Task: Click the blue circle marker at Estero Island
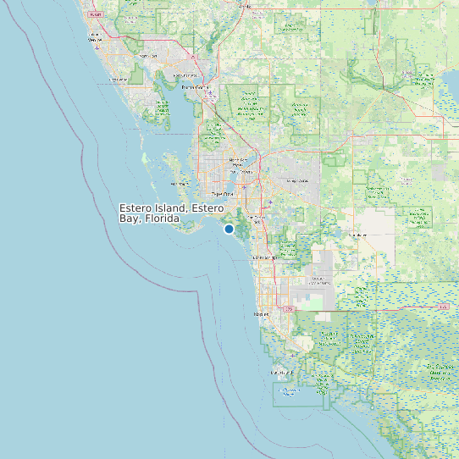click(229, 229)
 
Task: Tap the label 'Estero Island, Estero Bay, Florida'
click(171, 213)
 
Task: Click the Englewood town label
click(119, 78)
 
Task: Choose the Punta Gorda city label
click(195, 86)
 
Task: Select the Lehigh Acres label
click(296, 180)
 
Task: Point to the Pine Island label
click(180, 183)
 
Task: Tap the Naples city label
click(260, 314)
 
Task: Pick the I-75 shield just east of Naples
click(290, 310)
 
